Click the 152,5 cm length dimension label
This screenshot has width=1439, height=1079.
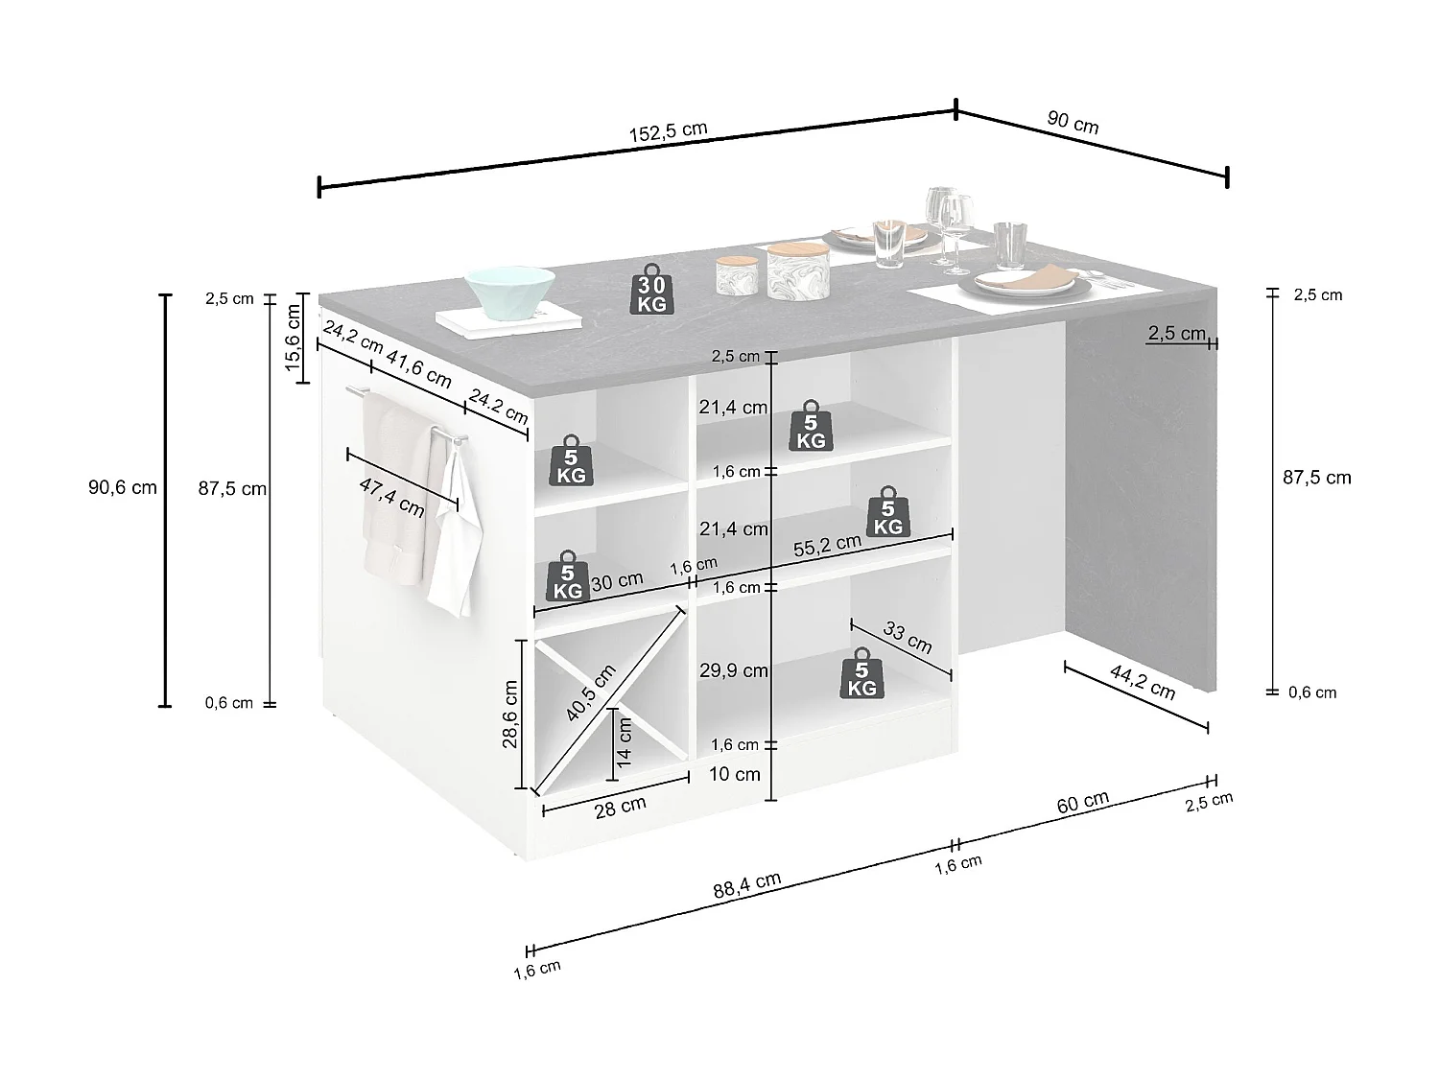point(669,132)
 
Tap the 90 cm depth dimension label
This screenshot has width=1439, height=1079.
point(1073,122)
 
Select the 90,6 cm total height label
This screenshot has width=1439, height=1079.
point(123,487)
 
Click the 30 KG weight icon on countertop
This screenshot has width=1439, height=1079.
point(651,293)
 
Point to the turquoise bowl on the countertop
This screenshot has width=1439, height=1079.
point(510,291)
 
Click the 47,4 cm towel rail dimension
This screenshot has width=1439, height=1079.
point(392,495)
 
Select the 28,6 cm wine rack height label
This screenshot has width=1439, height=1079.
point(510,714)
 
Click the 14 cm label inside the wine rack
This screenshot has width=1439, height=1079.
point(625,741)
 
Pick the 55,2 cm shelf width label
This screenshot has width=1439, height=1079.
point(827,545)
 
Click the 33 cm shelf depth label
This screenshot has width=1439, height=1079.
point(908,638)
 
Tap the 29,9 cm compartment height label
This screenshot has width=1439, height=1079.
point(734,670)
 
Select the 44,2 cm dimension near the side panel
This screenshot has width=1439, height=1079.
point(1143,681)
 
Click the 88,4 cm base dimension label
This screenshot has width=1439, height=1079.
point(747,884)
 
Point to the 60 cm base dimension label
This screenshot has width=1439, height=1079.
point(1083,802)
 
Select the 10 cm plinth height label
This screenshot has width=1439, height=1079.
point(735,774)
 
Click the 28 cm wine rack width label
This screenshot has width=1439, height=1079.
point(621,807)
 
